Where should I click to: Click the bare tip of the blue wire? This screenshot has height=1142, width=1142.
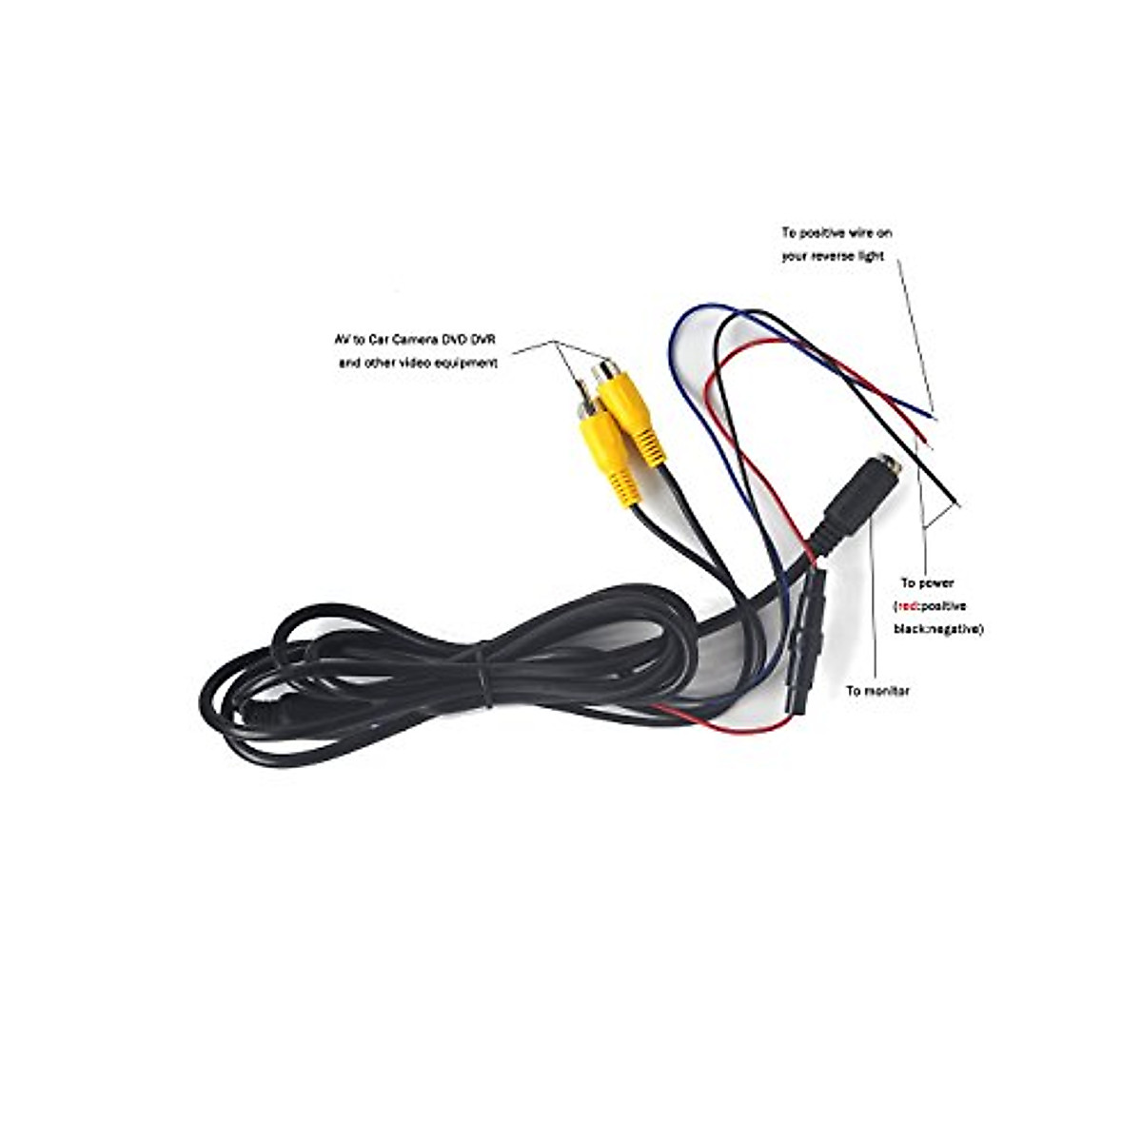pos(932,413)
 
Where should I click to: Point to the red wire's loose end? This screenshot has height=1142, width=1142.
pos(932,447)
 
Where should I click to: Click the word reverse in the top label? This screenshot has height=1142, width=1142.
pos(837,256)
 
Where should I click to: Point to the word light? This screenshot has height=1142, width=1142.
pos(873,256)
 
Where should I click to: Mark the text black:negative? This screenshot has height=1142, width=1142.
pos(937,629)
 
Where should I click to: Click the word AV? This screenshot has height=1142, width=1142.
pos(329,341)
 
